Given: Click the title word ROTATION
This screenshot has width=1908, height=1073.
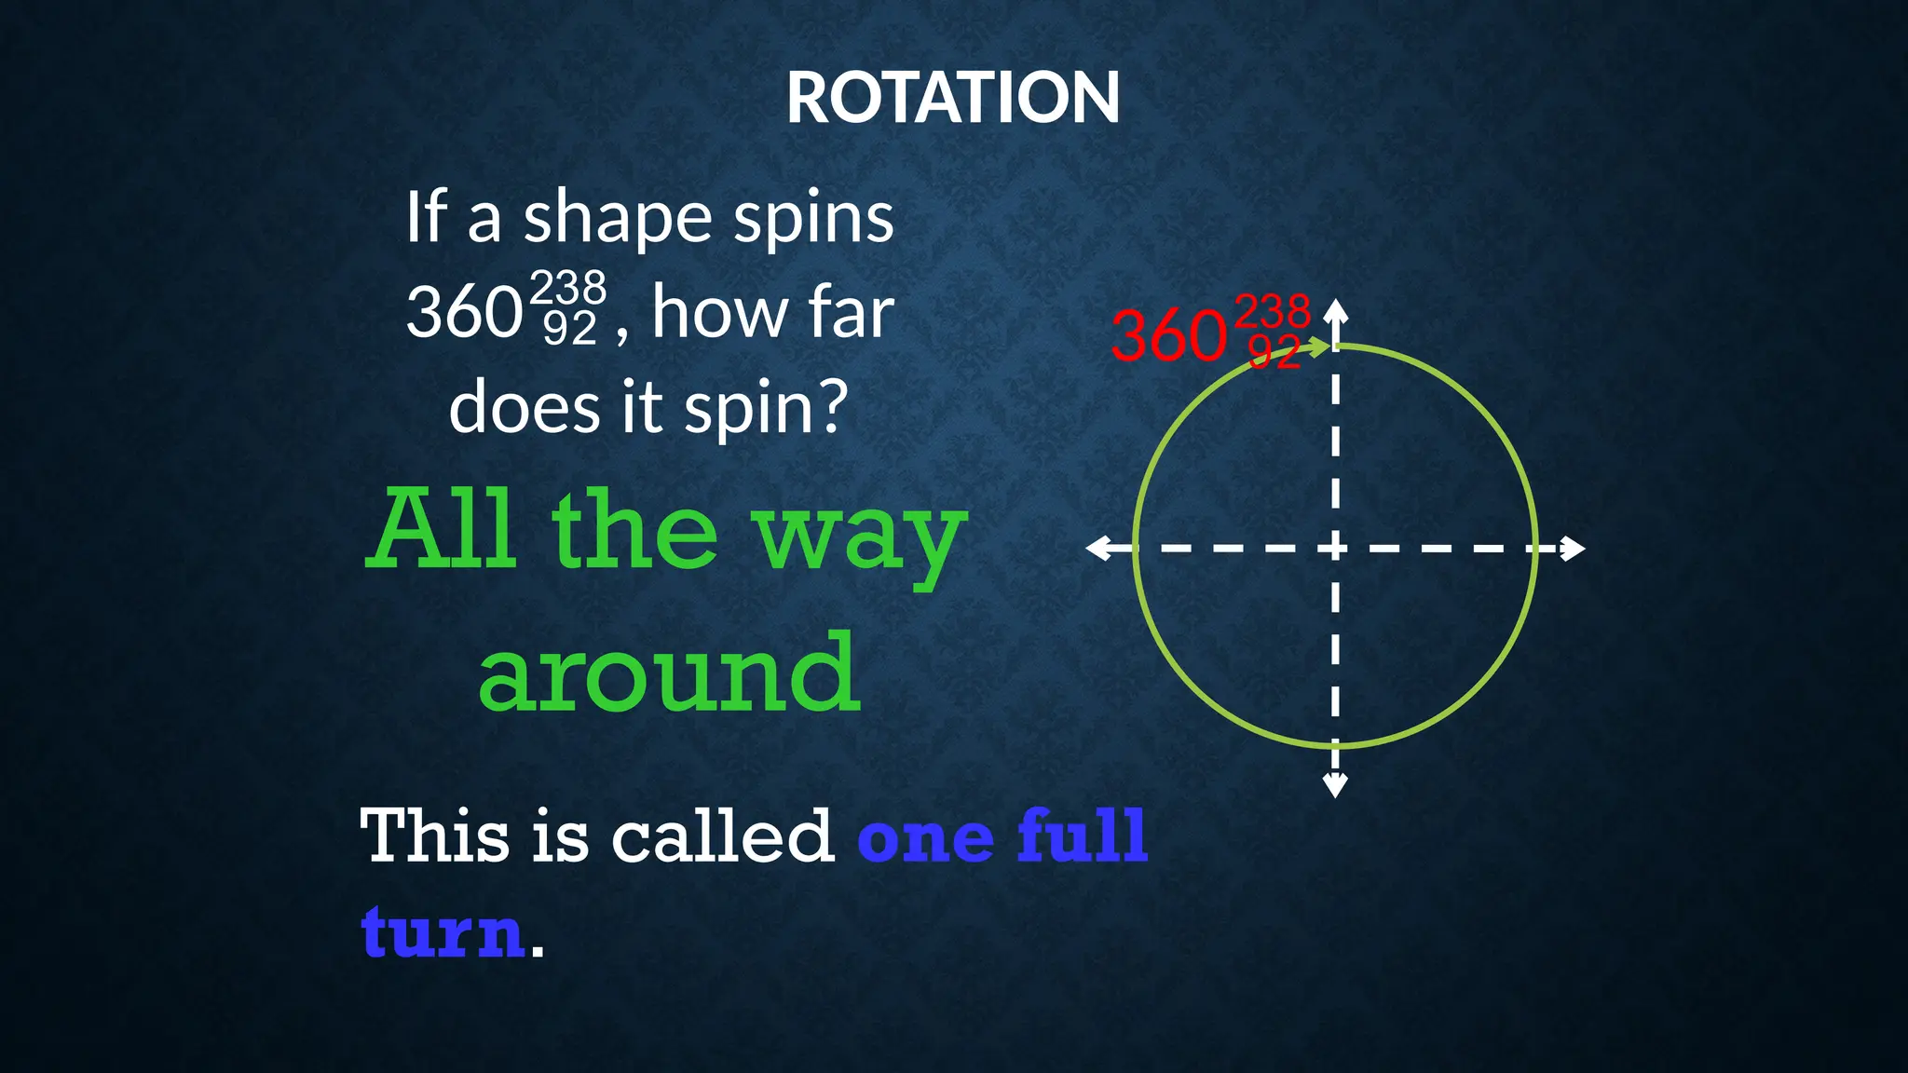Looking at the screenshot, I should pyautogui.click(x=952, y=99).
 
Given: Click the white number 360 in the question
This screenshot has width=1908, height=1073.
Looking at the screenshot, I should pyautogui.click(x=464, y=313).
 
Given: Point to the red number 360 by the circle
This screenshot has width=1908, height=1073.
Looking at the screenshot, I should pyautogui.click(x=1168, y=336).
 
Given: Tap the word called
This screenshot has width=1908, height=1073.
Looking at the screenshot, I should pyautogui.click(x=722, y=835).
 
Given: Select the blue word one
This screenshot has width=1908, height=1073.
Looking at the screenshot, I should pyautogui.click(x=925, y=839).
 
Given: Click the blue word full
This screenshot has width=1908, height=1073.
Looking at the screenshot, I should pyautogui.click(x=1082, y=835).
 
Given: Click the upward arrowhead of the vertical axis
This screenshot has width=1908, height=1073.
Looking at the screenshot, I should pyautogui.click(x=1335, y=310).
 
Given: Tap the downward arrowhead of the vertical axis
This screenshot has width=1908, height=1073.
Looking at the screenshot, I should pyautogui.click(x=1335, y=786).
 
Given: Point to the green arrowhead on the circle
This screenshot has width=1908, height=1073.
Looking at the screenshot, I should pyautogui.click(x=1320, y=348).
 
